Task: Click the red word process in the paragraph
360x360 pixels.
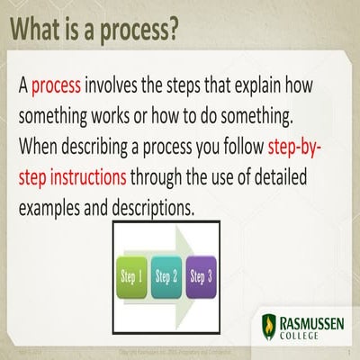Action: click(57, 86)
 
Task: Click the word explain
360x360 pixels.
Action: click(257, 86)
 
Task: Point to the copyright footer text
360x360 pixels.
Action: click(180, 353)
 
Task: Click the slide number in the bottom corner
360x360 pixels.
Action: click(347, 353)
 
